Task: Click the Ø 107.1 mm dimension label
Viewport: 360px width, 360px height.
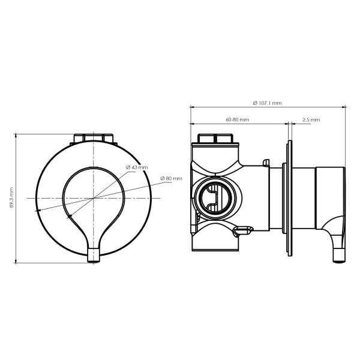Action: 267,103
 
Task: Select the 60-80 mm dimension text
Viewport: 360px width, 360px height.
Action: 238,119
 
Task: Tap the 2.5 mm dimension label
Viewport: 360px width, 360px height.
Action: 311,119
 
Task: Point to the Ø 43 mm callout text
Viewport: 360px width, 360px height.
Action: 137,167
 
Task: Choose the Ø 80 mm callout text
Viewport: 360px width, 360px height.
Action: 171,178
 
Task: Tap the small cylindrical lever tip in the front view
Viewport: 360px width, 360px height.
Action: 94,255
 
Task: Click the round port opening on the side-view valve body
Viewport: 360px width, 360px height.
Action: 215,198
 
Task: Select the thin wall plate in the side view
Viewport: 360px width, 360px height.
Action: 290,198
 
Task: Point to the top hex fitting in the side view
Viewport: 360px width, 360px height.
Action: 215,139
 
